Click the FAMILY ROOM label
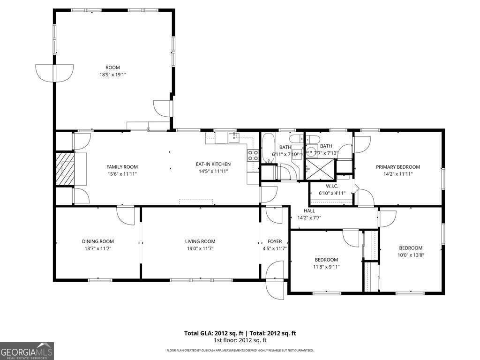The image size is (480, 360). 122,167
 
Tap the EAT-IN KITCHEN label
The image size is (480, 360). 213,164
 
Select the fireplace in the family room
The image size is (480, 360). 65,169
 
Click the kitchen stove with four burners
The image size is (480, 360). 253,155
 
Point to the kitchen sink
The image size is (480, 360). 234,137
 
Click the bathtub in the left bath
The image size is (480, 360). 269,148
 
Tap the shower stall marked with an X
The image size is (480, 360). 321,169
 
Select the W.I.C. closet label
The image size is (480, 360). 332,186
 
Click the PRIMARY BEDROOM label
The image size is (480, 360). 397,167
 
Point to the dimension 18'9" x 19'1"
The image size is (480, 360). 112,75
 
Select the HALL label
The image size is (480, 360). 309,211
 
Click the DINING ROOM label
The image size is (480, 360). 98,241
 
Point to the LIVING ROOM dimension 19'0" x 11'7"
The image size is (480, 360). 200,248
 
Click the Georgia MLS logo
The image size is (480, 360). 27,351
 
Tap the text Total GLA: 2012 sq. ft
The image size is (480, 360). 211,333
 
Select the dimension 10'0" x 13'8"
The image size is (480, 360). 411,255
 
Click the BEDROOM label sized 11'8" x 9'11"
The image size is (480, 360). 326,260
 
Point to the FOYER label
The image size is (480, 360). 275,241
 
